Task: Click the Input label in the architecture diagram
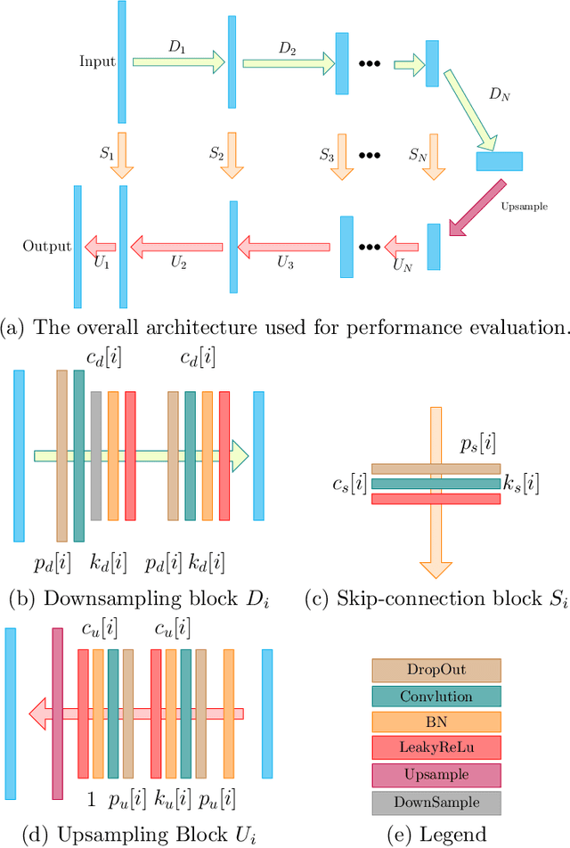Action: (97, 62)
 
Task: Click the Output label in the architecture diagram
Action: (47, 246)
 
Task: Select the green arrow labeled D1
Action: (178, 62)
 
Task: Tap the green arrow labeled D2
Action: (285, 62)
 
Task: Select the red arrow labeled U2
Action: (178, 246)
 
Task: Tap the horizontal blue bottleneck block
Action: (499, 161)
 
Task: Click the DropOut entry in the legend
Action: (436, 670)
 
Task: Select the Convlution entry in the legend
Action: (436, 697)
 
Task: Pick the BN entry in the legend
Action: (436, 723)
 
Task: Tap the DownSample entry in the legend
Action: (436, 803)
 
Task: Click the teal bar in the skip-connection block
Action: (436, 484)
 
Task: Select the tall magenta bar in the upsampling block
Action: (58, 700)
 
